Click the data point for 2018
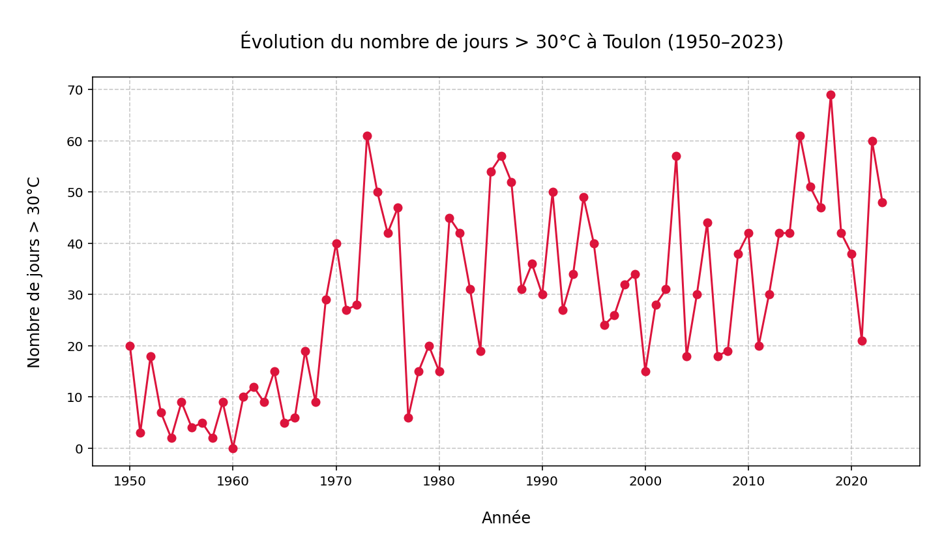point(831,95)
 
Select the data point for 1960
point(233,448)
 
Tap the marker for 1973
point(367,136)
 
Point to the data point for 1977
point(408,418)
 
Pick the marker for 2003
point(676,156)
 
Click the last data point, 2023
point(882,202)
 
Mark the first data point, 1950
point(130,346)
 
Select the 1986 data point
point(501,156)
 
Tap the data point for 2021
point(862,341)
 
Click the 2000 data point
point(645,371)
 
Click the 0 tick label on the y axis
point(80,449)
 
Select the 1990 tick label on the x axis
point(542,482)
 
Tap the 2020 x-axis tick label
point(851,482)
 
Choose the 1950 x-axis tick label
point(130,482)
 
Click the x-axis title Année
point(506,518)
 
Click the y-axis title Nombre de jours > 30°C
point(35,271)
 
